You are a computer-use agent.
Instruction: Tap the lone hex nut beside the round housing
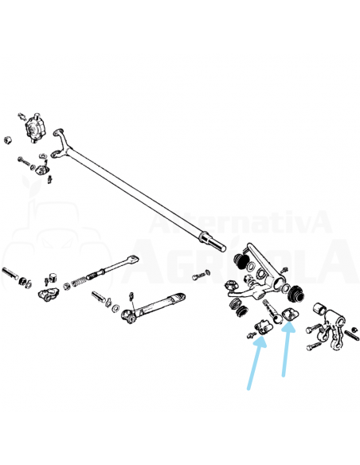(x=8, y=139)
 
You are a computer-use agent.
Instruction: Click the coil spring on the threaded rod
(x=79, y=281)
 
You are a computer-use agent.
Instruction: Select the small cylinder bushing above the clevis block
(x=53, y=277)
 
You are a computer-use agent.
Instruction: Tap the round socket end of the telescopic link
(x=127, y=316)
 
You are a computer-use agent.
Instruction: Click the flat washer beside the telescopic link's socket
(x=115, y=308)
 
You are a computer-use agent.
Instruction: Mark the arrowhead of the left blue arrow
(x=260, y=342)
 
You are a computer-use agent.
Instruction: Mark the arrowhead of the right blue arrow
(x=288, y=327)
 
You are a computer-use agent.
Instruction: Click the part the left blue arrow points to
(x=263, y=328)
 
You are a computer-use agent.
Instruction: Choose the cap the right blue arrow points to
(x=291, y=315)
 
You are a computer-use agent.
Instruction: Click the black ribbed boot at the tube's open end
(x=295, y=294)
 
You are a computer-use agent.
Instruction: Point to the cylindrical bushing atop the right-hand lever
(x=320, y=309)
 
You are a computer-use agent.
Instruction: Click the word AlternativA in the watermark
(x=241, y=222)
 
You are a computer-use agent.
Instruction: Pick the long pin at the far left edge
(x=10, y=274)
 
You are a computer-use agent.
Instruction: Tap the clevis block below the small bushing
(x=48, y=294)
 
